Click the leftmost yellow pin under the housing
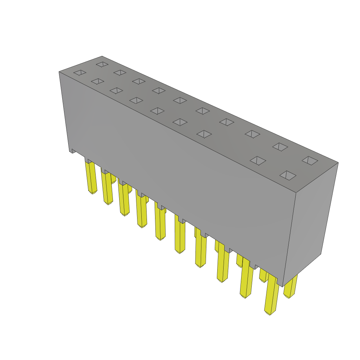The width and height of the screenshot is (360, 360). pyautogui.click(x=91, y=178)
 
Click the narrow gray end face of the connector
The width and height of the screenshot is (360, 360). pyautogui.click(x=311, y=225)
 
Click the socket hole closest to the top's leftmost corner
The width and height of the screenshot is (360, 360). pyautogui.click(x=80, y=72)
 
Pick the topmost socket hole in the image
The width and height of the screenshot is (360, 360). pyautogui.click(x=102, y=64)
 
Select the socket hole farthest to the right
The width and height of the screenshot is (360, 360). pyautogui.click(x=310, y=161)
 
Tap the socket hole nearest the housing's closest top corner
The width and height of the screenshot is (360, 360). pyautogui.click(x=288, y=175)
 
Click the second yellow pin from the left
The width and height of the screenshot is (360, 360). pyautogui.click(x=107, y=188)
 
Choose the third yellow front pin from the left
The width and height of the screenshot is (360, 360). pyautogui.click(x=124, y=199)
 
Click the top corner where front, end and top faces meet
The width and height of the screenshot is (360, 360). pyautogui.click(x=296, y=193)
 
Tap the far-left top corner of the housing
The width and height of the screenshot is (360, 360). pyautogui.click(x=59, y=72)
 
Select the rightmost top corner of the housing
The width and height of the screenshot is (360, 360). pyautogui.click(x=338, y=162)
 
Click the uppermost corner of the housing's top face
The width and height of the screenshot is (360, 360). pyautogui.click(x=102, y=56)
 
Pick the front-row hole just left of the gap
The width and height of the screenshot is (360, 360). pyautogui.click(x=204, y=134)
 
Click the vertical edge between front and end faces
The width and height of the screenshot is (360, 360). pyautogui.click(x=289, y=239)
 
